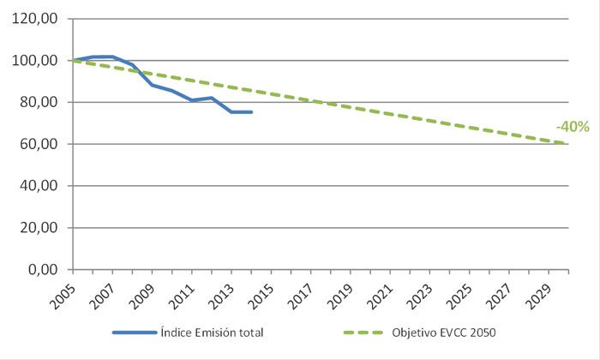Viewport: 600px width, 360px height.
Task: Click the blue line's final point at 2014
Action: [251, 112]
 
